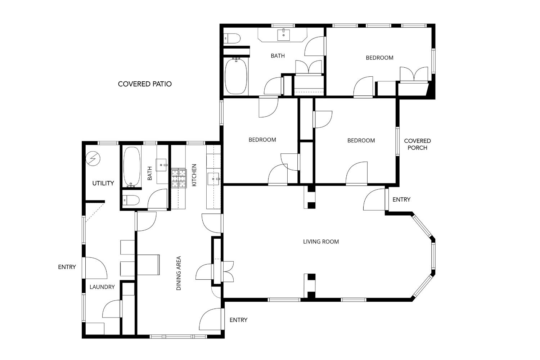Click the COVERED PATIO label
pos(145,84)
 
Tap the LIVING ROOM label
pos(321,242)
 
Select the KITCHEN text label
pos(194,175)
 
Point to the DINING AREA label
pos(179,273)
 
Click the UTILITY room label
pos(103,183)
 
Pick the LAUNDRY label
pos(102,287)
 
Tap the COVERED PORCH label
pos(417,144)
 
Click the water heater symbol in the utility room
pos(93,158)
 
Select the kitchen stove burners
pos(179,179)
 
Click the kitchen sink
pos(213,179)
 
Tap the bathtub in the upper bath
pos(236,76)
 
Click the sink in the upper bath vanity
pos(284,35)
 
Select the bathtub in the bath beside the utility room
pos(132,167)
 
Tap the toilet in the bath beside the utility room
pos(131,200)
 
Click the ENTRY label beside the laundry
pos(67,267)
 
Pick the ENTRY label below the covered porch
pos(401,199)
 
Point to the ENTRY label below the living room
pos(238,320)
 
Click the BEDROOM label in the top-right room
pos(379,58)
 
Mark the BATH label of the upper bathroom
pos(278,56)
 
